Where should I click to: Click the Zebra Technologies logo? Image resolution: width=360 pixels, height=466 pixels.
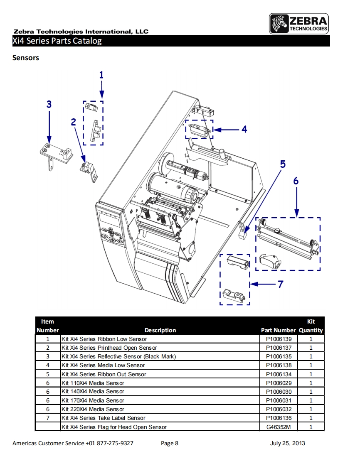point(299,24)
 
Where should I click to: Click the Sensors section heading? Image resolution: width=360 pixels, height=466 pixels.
point(26,58)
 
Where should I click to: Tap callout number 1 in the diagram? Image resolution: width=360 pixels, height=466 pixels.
point(101,75)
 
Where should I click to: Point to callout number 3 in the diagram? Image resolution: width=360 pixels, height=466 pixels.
point(49,104)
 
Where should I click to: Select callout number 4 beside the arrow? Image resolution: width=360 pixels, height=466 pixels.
point(244,130)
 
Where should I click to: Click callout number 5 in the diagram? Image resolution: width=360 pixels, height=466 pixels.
point(283,164)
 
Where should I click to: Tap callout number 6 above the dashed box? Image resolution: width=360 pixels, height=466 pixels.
point(296,181)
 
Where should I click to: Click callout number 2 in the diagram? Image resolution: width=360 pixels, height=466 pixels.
point(74,122)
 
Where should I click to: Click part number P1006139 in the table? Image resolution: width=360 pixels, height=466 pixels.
point(279,339)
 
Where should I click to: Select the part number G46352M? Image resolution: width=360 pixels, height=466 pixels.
point(279,427)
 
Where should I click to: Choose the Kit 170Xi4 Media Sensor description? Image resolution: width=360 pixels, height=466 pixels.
point(93,400)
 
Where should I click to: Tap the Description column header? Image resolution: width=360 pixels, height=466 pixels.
point(160,330)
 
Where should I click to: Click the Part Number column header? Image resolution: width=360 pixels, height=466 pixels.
point(278,330)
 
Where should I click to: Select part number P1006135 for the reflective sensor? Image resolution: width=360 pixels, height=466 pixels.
point(279,356)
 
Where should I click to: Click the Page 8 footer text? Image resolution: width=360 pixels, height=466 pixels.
point(170,443)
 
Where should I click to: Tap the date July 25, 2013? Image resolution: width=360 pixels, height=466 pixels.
point(287,443)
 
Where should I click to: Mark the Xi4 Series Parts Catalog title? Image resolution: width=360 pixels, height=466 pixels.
point(57,41)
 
